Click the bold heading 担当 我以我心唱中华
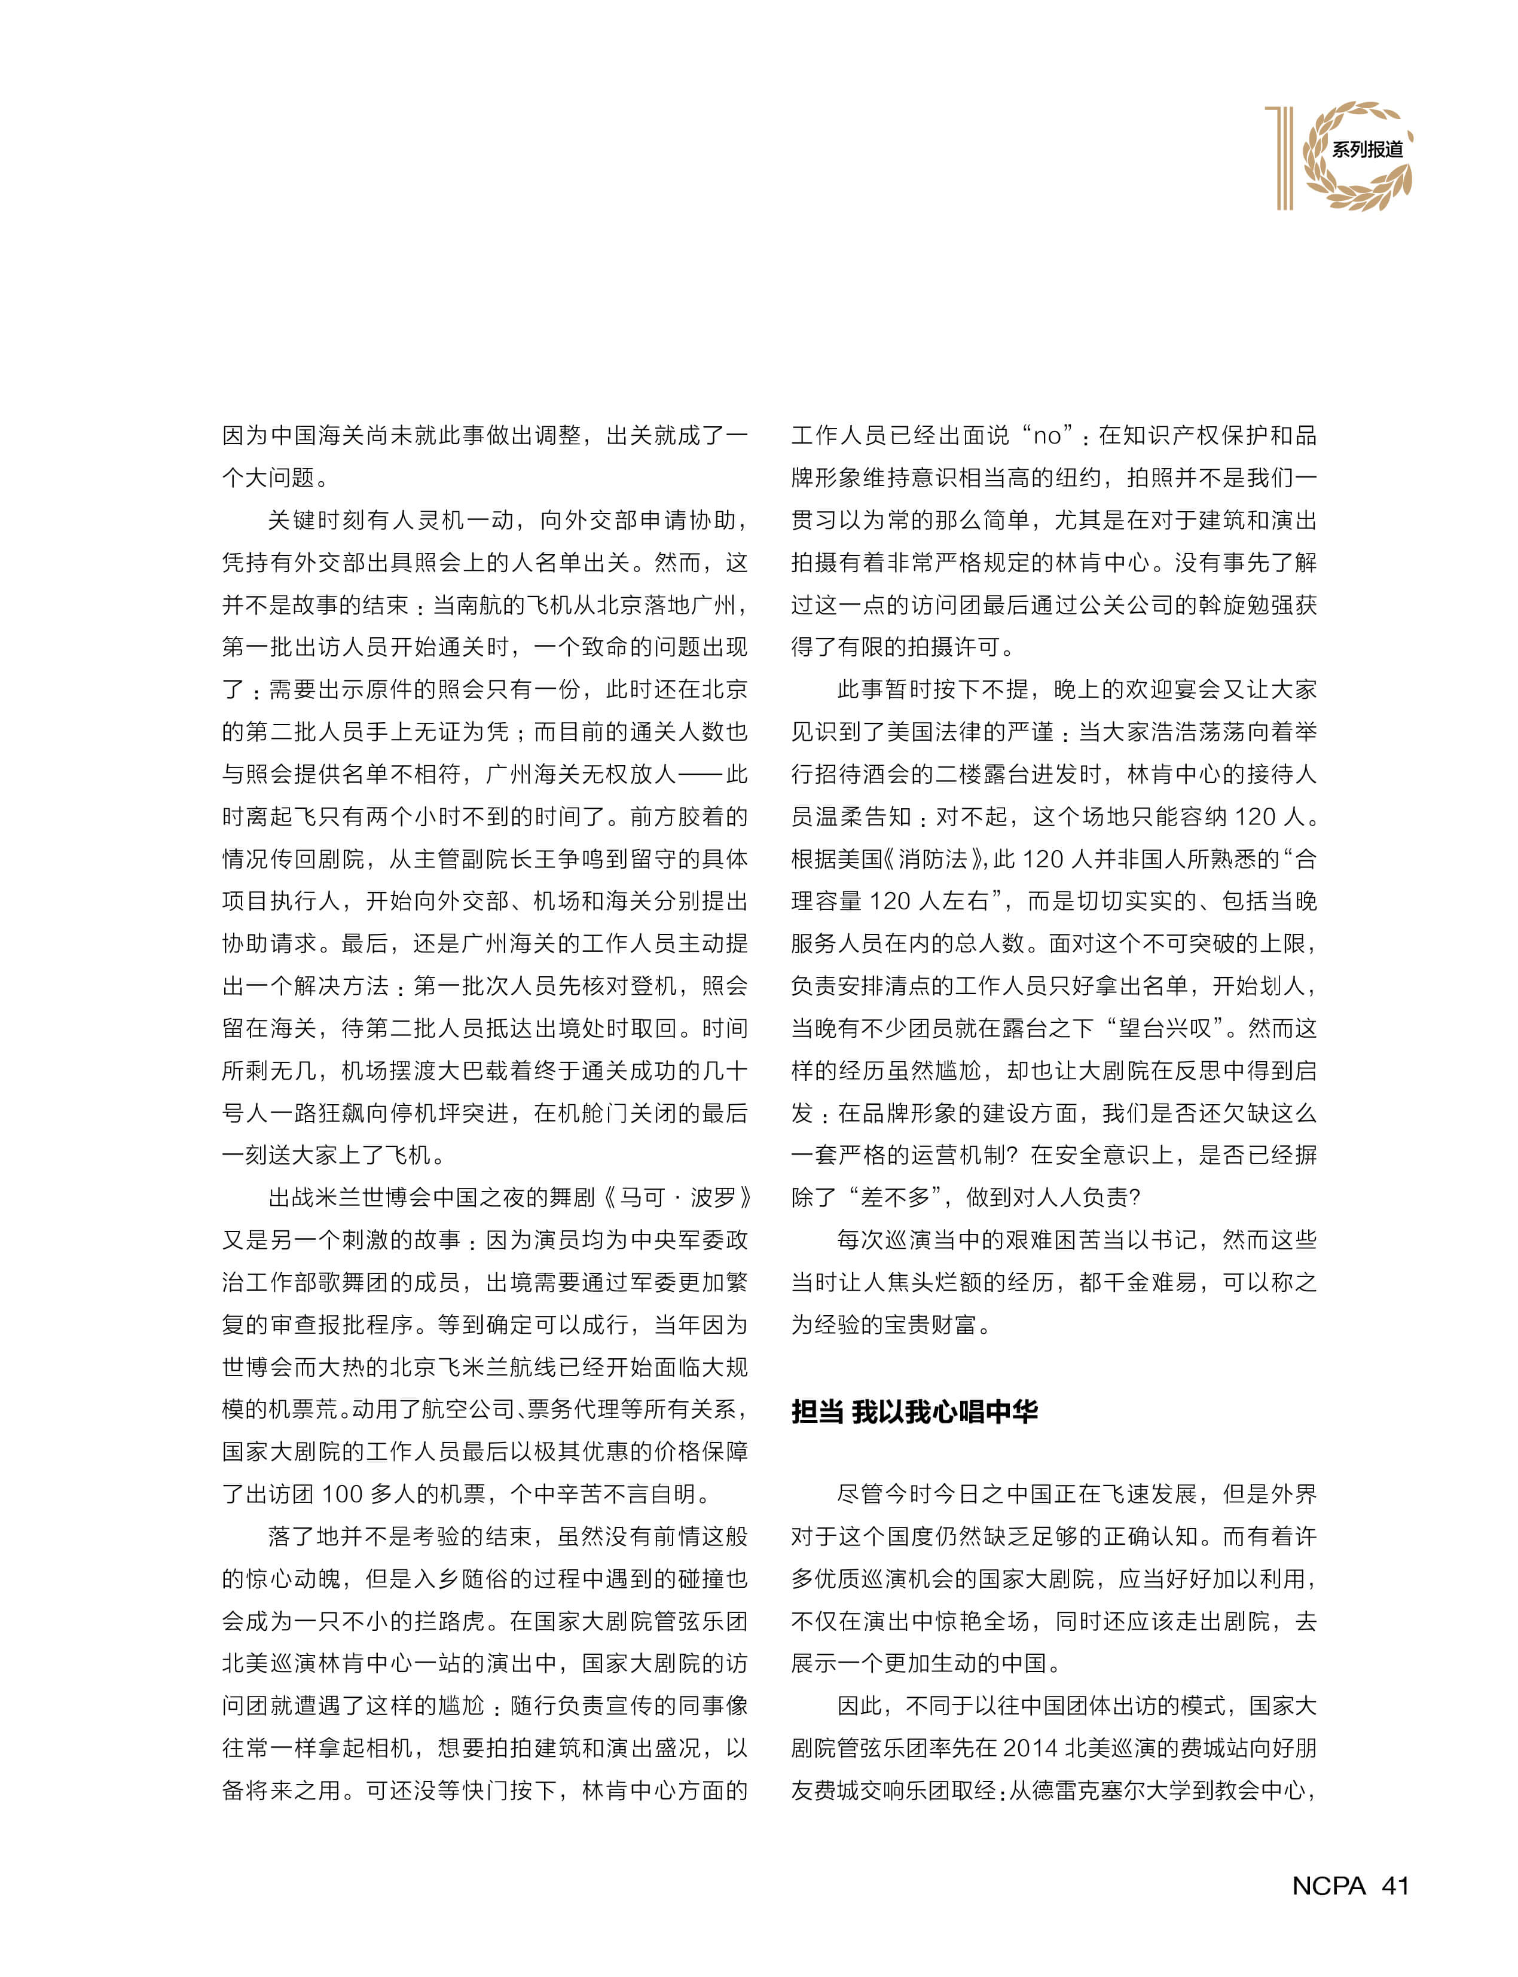(914, 1410)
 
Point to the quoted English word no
(1046, 436)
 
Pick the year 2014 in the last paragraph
(1030, 1749)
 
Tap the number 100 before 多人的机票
(343, 1493)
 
